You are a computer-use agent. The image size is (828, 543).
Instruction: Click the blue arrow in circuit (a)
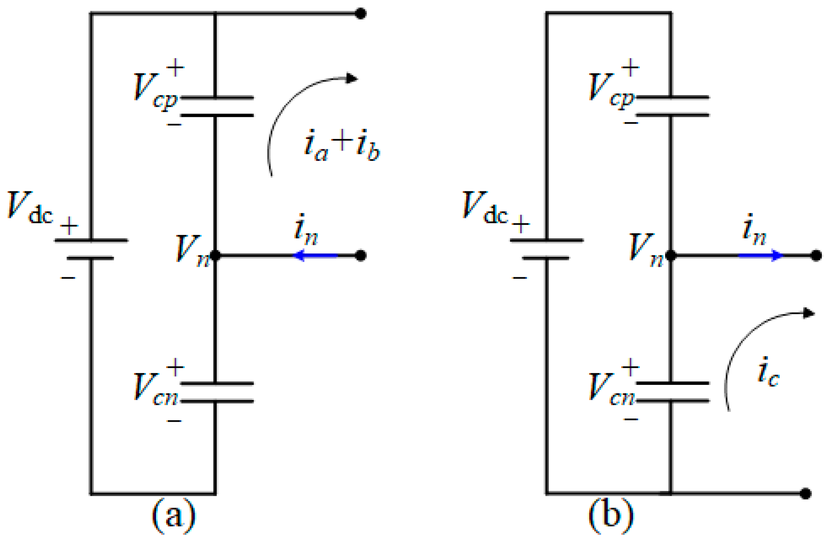pos(315,256)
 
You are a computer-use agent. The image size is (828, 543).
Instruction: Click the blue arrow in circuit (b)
pos(760,256)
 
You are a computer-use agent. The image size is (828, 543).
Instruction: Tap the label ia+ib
pos(341,145)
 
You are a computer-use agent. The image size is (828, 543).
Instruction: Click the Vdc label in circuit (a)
pos(30,207)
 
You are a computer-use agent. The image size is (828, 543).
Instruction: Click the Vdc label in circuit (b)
pos(485,207)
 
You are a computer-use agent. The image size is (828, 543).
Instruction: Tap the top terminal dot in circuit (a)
pos(360,13)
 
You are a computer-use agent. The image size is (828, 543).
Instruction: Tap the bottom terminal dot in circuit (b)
pos(805,494)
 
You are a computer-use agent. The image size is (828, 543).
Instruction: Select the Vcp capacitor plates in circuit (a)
pos(217,107)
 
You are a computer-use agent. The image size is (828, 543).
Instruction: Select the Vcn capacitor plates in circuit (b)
pos(672,392)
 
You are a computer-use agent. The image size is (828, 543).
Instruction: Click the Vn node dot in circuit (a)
pos(215,256)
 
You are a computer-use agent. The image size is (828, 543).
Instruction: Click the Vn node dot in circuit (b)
pos(671,256)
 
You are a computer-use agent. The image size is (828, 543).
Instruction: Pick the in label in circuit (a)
pos(306,230)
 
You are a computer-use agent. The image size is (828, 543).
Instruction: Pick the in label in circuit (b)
pos(754,230)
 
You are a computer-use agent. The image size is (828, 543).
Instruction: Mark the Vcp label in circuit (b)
pos(611,89)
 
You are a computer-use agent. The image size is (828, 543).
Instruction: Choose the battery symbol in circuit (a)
pos(91,249)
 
